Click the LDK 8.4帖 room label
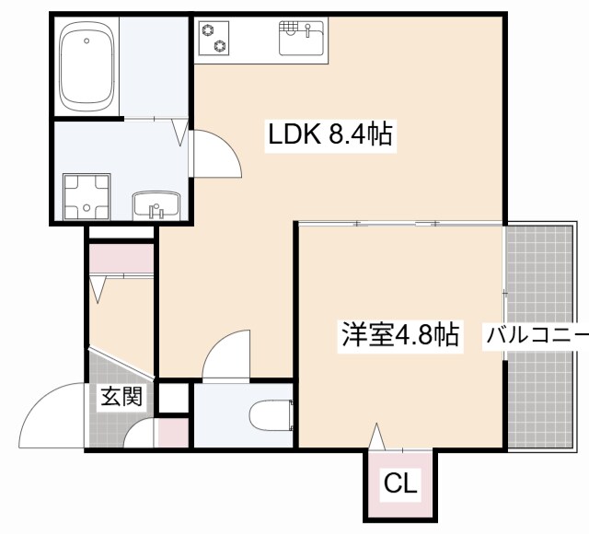[x=330, y=136]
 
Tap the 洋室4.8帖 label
[x=400, y=334]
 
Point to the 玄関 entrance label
[x=121, y=398]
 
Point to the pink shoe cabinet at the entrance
[x=172, y=432]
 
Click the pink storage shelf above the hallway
[x=121, y=259]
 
